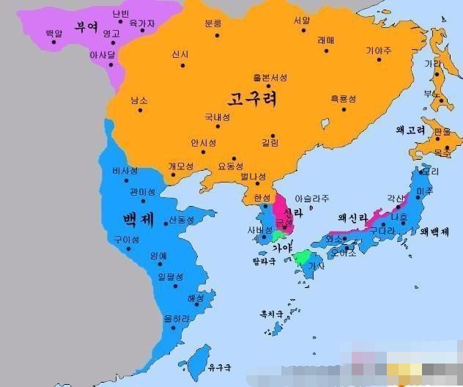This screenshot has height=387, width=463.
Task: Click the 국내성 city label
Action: pos(216,117)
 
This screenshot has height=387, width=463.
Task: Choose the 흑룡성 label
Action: pos(342,99)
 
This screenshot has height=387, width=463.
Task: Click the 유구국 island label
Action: pos(219,366)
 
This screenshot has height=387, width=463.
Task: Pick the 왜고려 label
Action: pos(410,130)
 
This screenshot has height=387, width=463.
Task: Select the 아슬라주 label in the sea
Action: pos(311,199)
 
